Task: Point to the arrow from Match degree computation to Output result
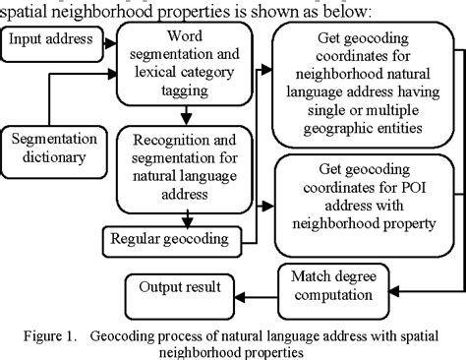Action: click(x=258, y=287)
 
